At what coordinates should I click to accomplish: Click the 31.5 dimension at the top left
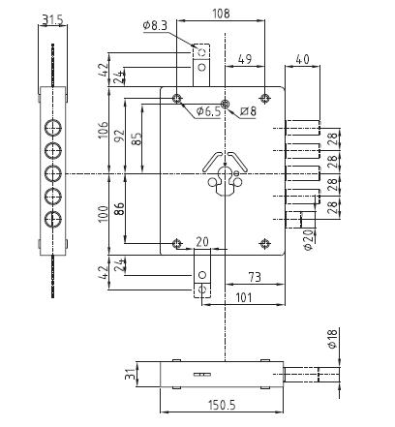pyautogui.click(x=52, y=18)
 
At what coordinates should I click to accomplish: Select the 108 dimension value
pyautogui.click(x=221, y=15)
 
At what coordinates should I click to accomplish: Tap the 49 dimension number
pyautogui.click(x=244, y=60)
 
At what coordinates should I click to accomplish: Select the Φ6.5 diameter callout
pyautogui.click(x=208, y=113)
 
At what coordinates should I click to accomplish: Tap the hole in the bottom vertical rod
pyautogui.click(x=201, y=288)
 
